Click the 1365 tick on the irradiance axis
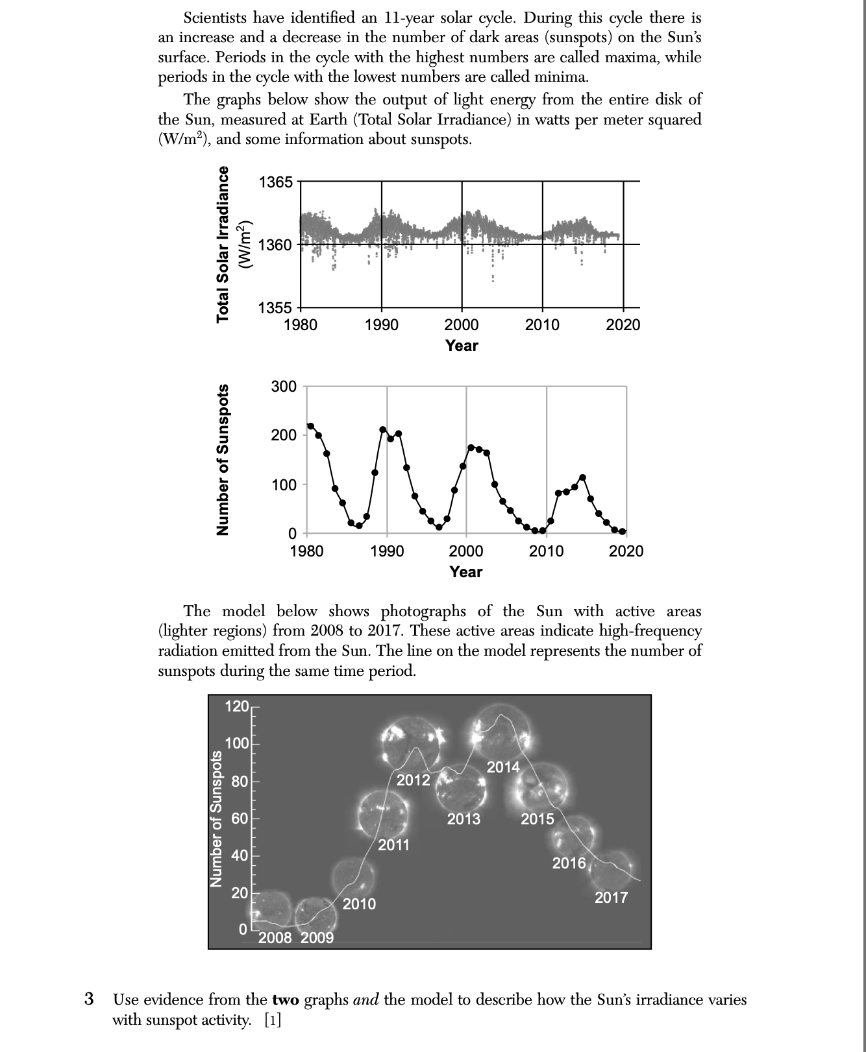276,182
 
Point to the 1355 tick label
276,308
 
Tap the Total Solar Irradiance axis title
223,244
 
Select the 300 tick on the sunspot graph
284,387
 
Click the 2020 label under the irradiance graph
623,325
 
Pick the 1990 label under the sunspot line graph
387,551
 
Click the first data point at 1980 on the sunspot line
310,426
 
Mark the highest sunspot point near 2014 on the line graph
582,477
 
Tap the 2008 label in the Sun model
275,938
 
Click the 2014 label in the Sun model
503,767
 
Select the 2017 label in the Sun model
611,898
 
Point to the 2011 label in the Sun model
394,845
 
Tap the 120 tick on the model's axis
236,706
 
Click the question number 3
90,999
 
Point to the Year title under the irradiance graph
462,346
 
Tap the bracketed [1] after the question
273,1020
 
